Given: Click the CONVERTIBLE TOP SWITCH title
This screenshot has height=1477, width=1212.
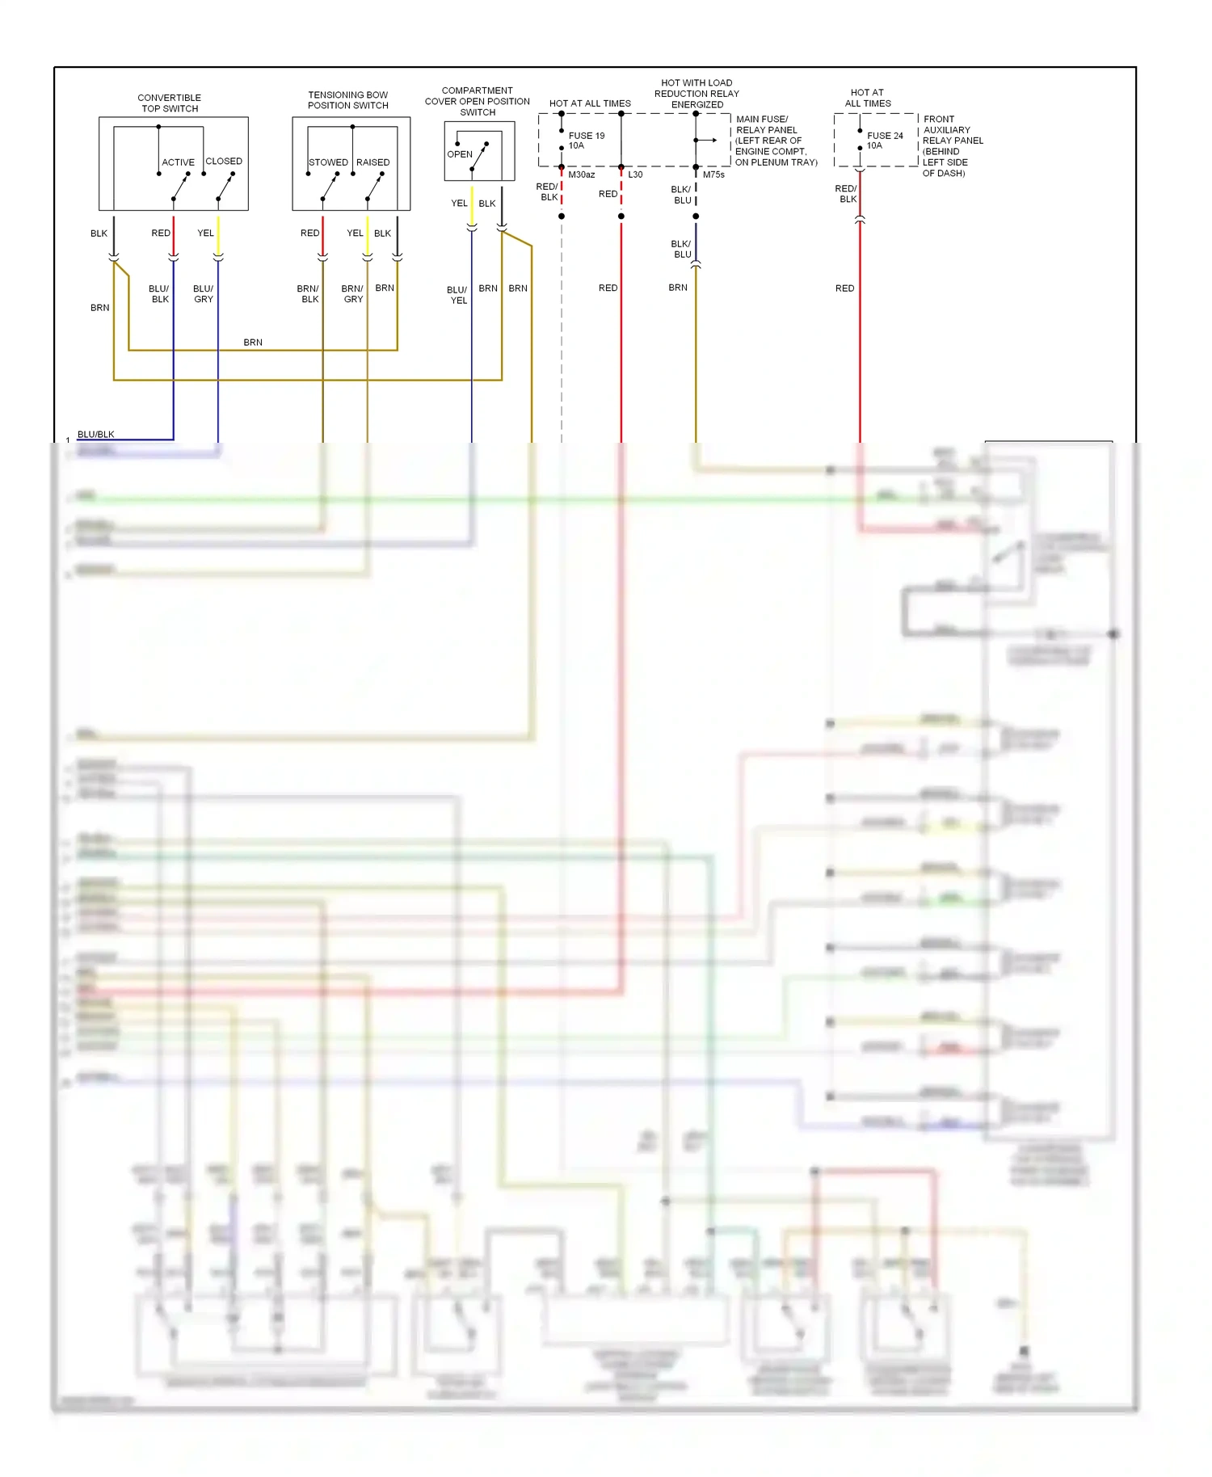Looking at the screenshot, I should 169,103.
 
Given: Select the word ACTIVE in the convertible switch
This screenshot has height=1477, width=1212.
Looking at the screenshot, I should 178,162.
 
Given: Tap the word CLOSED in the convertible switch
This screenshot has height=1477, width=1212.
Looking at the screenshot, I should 224,162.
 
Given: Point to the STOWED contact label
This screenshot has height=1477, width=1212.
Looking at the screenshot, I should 328,162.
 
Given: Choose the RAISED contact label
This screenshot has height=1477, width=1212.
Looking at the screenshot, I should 372,162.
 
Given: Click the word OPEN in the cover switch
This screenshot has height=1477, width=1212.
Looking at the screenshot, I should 460,154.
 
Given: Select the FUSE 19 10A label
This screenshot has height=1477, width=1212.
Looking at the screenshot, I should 586,141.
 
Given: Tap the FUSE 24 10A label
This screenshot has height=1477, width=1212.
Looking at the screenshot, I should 885,141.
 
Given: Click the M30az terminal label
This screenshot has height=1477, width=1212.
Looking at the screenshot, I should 581,175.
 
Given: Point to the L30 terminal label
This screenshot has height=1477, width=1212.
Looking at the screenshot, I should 635,175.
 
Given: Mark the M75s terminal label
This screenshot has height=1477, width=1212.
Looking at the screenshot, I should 713,175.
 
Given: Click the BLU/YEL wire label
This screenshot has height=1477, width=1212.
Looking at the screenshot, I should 457,295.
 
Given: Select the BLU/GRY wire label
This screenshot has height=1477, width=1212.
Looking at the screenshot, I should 203,294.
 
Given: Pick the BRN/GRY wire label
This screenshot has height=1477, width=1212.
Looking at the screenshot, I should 352,294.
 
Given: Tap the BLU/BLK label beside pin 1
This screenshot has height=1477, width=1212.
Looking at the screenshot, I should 95,435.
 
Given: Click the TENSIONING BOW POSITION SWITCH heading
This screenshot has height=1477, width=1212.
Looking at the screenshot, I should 347,100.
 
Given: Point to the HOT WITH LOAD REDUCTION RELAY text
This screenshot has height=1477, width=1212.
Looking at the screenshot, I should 696,94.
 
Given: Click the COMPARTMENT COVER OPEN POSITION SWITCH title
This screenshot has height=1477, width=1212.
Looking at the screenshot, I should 477,101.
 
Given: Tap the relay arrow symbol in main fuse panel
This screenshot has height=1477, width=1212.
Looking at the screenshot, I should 708,141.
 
